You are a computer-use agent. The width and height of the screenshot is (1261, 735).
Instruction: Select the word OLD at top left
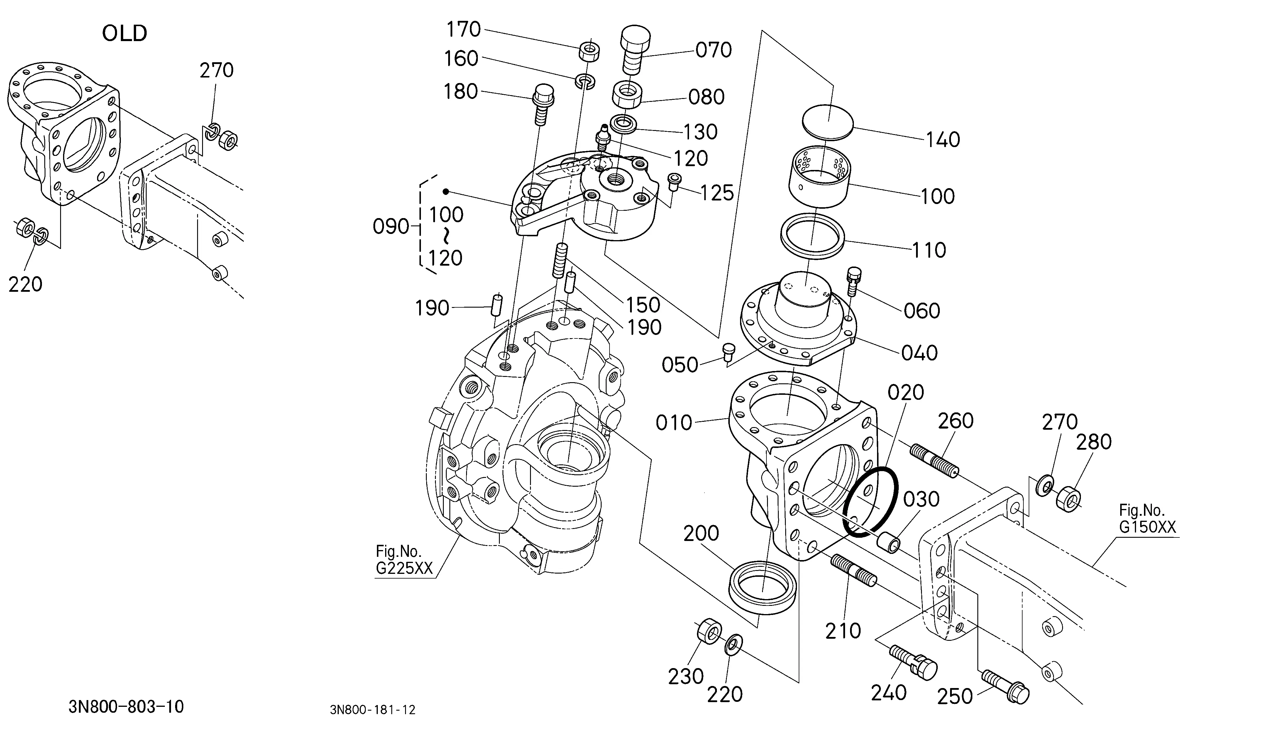click(125, 33)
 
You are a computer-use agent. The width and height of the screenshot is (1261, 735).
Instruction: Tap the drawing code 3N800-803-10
click(126, 707)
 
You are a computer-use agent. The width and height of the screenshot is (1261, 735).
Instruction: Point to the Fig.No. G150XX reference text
click(1147, 519)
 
